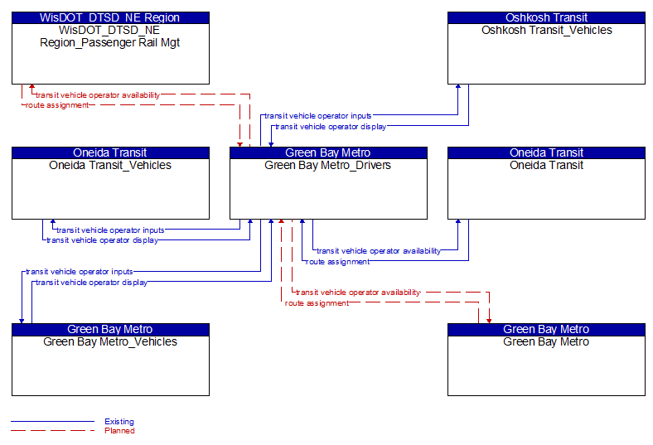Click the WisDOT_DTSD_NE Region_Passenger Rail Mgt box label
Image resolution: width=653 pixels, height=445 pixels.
[x=110, y=36]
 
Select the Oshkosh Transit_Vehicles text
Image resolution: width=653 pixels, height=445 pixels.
[x=546, y=31]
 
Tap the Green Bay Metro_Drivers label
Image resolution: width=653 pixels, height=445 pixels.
[x=328, y=165]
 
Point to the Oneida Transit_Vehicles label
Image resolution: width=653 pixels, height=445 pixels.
[x=110, y=165]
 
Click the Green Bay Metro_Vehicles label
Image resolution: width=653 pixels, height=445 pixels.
[x=110, y=341]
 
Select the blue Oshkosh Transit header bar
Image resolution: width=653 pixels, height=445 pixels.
[x=546, y=18]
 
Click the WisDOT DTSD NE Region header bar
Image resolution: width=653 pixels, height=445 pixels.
[x=110, y=18]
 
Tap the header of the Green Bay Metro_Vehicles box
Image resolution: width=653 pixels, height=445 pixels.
[x=110, y=330]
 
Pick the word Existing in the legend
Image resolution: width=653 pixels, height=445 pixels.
[x=119, y=422]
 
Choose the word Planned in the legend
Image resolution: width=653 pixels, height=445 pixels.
[x=119, y=431]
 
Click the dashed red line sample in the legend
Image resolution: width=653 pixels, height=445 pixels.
[x=52, y=430]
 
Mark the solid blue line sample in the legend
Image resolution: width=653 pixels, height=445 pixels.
[x=52, y=421]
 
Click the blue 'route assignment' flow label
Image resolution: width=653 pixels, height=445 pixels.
[x=337, y=262]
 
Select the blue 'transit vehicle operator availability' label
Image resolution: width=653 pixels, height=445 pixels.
[x=379, y=251]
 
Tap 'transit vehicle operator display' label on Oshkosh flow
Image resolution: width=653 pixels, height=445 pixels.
[x=331, y=127]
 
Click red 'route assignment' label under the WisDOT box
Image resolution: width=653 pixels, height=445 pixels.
[x=57, y=105]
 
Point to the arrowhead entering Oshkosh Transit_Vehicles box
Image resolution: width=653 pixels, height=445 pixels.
[x=458, y=86]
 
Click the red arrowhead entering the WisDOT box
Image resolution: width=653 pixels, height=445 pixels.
[x=32, y=86]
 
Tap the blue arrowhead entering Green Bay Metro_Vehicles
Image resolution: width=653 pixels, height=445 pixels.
[x=22, y=321]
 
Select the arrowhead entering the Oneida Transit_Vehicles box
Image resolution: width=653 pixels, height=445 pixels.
[x=53, y=222]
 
